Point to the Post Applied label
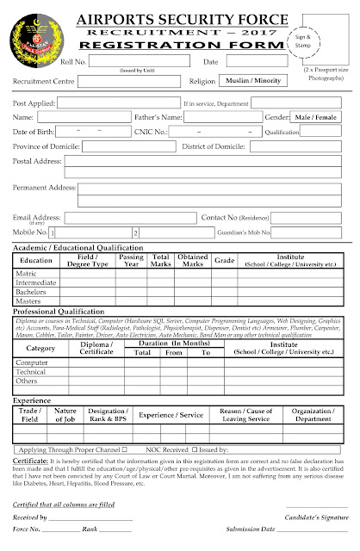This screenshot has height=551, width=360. click(34, 102)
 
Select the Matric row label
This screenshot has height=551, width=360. click(28, 273)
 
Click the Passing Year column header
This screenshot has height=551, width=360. click(131, 259)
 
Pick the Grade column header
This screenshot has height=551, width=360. click(224, 259)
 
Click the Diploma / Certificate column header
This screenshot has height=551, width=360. click(96, 348)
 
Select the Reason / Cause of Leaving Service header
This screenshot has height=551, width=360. click(247, 415)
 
